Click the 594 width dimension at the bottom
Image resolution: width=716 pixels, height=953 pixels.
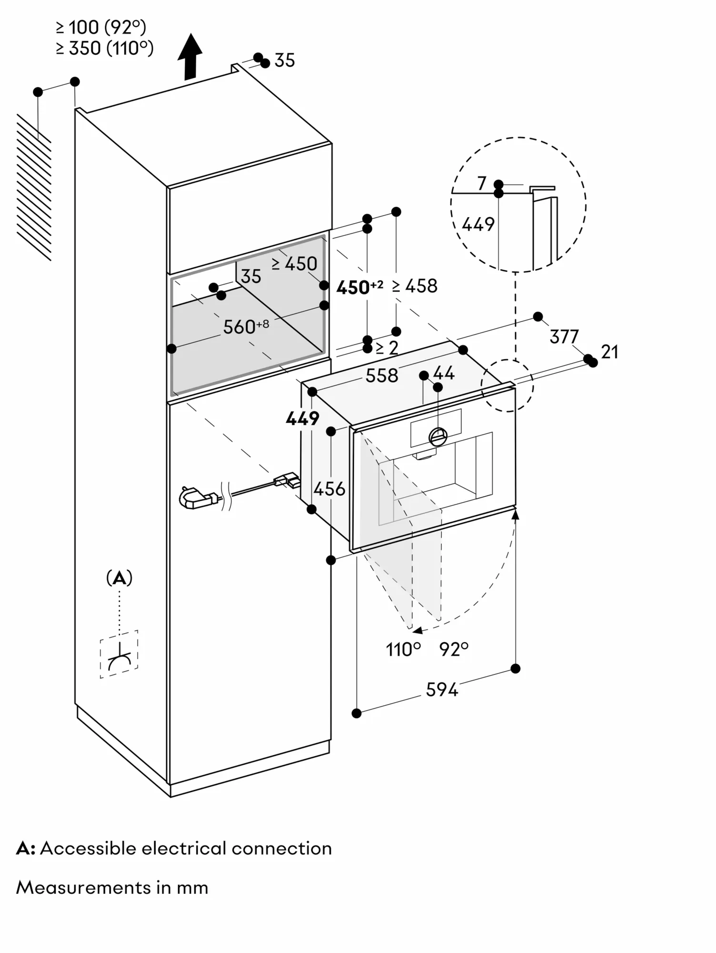point(441,689)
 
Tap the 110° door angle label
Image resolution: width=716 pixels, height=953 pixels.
point(403,649)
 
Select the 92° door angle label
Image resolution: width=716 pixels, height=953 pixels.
point(454,649)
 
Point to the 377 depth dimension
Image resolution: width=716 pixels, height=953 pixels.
point(564,337)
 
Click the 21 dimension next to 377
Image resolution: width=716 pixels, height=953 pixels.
point(609,352)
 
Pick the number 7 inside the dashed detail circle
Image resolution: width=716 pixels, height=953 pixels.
point(482,183)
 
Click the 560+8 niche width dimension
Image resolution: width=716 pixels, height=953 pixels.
point(246,327)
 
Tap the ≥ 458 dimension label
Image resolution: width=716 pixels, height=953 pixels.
point(415,286)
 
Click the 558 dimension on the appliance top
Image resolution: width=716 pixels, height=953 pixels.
point(381,376)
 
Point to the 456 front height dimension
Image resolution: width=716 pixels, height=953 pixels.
point(329,489)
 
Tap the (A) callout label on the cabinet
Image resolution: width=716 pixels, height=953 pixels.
point(119,578)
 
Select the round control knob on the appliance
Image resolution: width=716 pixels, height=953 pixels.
point(438,436)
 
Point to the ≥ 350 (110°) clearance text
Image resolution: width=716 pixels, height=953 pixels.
point(104,48)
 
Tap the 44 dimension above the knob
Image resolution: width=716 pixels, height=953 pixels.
point(444,373)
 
